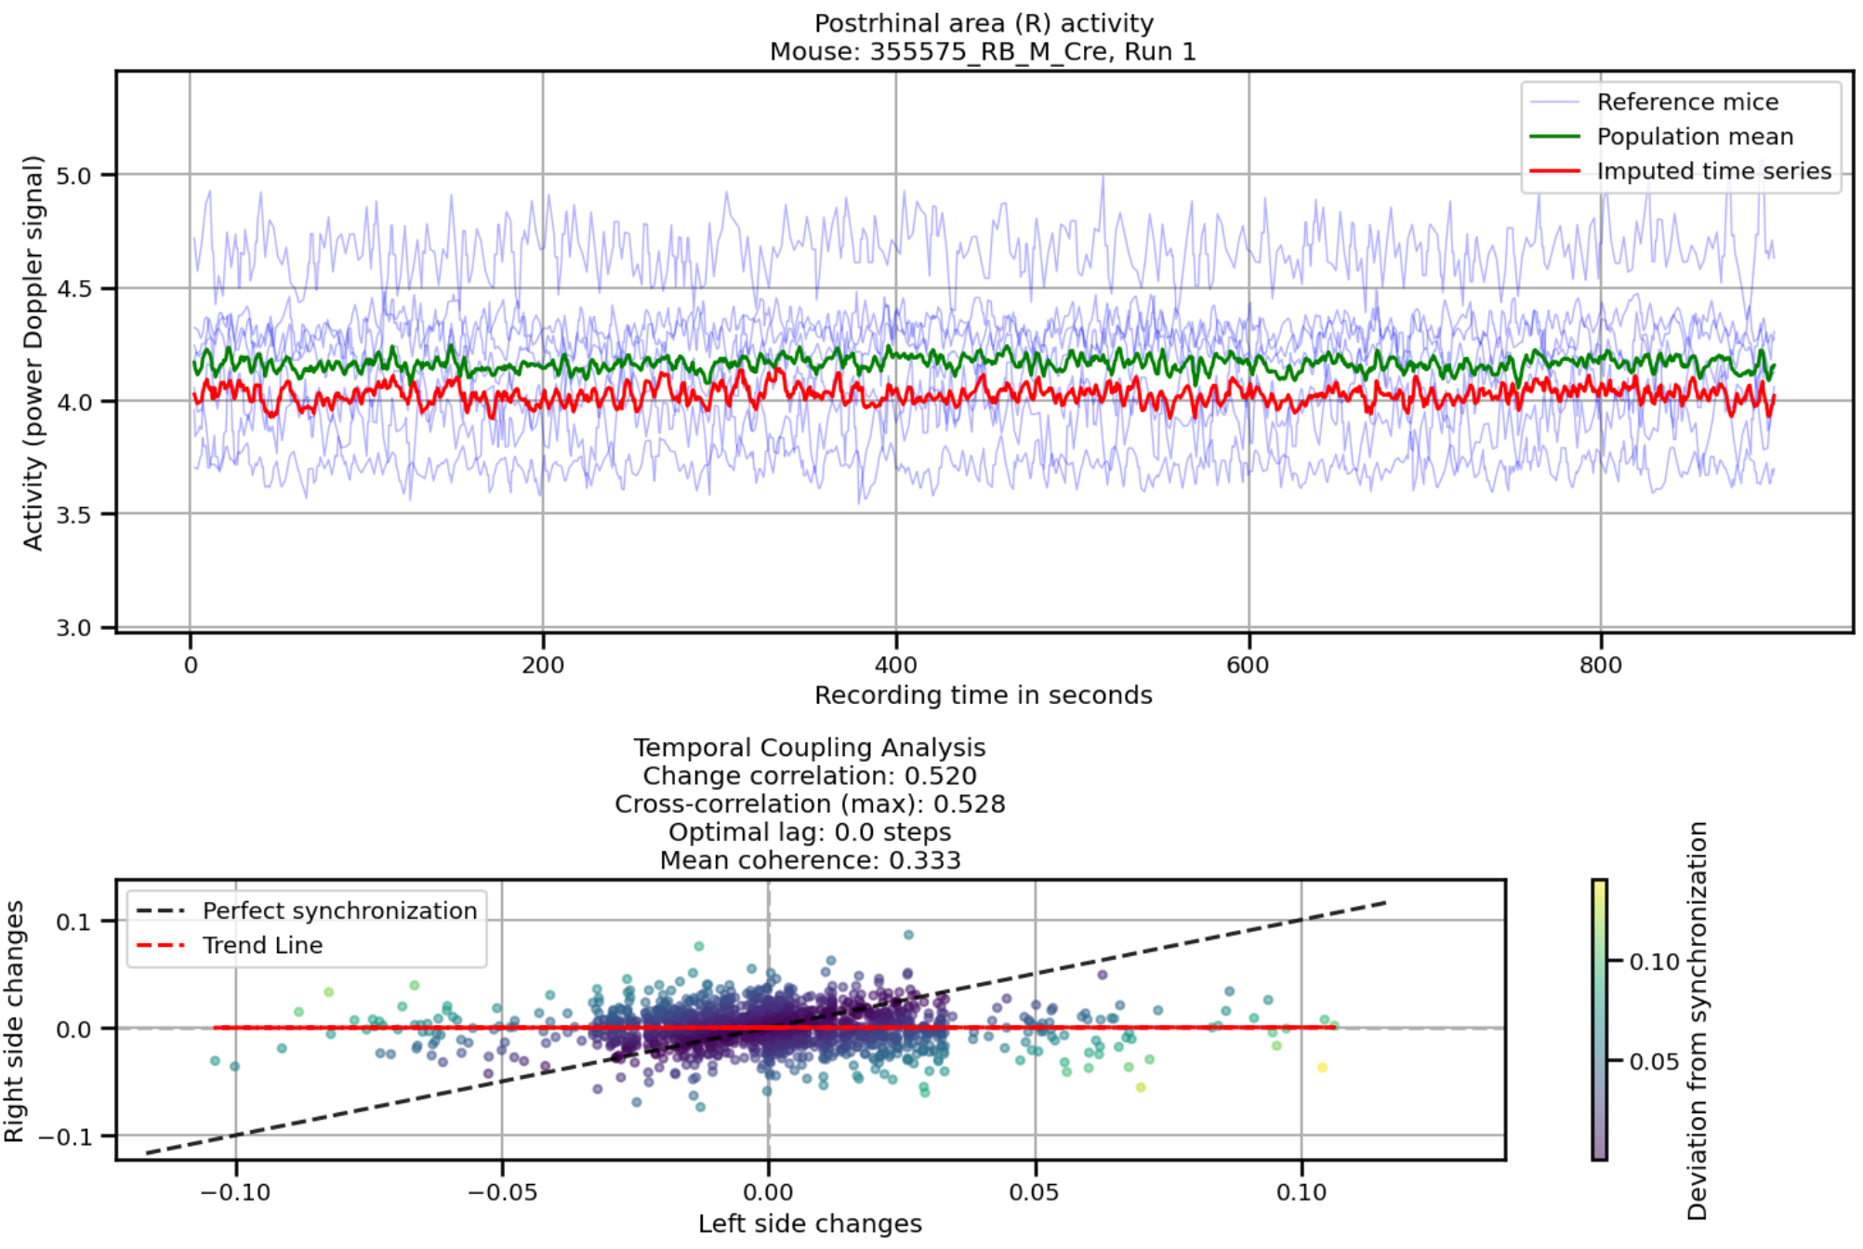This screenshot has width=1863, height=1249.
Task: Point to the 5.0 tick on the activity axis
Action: pos(73,176)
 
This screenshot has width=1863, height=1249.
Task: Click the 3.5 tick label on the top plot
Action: pos(73,515)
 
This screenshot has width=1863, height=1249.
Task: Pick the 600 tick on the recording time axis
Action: pos(1247,665)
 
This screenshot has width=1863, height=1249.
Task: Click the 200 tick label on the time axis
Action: pos(542,665)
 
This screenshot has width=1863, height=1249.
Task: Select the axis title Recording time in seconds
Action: pos(983,696)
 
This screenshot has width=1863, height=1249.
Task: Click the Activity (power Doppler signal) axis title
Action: pos(33,353)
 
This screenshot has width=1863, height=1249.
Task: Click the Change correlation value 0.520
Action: pos(940,776)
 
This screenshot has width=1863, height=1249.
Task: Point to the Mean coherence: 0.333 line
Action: pos(810,860)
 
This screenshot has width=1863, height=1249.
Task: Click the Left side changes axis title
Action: pos(810,1224)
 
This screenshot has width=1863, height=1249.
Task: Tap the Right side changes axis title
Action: pos(14,1021)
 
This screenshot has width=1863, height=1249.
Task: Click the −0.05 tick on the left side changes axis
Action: pos(502,1192)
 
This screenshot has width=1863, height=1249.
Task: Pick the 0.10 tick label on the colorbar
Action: pos(1654,962)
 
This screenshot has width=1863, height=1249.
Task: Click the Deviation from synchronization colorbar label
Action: pos(1698,1020)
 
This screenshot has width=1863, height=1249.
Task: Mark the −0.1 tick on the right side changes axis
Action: pos(65,1137)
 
